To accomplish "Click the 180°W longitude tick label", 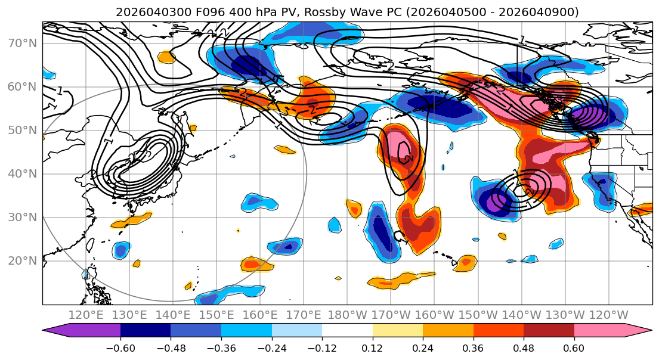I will (348, 315).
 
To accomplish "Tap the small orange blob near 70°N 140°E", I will (166, 57).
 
